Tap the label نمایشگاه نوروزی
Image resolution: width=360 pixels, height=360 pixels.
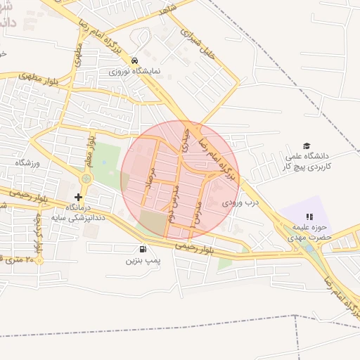[x=135, y=72]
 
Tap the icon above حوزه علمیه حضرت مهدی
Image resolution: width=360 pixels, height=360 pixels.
[x=309, y=217]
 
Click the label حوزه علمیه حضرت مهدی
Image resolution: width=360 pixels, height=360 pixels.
[x=309, y=232]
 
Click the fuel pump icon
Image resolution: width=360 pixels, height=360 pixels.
[x=143, y=249]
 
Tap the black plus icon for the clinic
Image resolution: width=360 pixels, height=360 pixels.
[x=78, y=197]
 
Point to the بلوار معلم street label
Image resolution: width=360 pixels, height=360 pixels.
[x=90, y=150]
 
